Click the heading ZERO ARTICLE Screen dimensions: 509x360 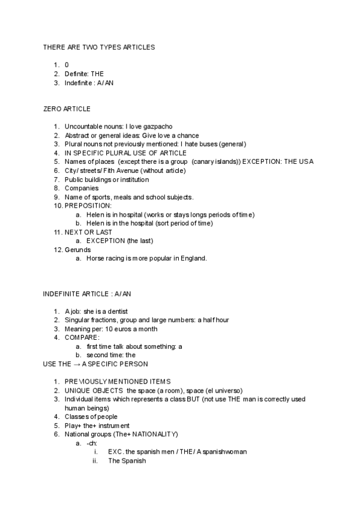pyautogui.click(x=67, y=109)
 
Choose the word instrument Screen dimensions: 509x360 pyautogui.click(x=112, y=426)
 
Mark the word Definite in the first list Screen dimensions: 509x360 pyautogui.click(x=76, y=73)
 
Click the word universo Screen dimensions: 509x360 pyautogui.click(x=228, y=390)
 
